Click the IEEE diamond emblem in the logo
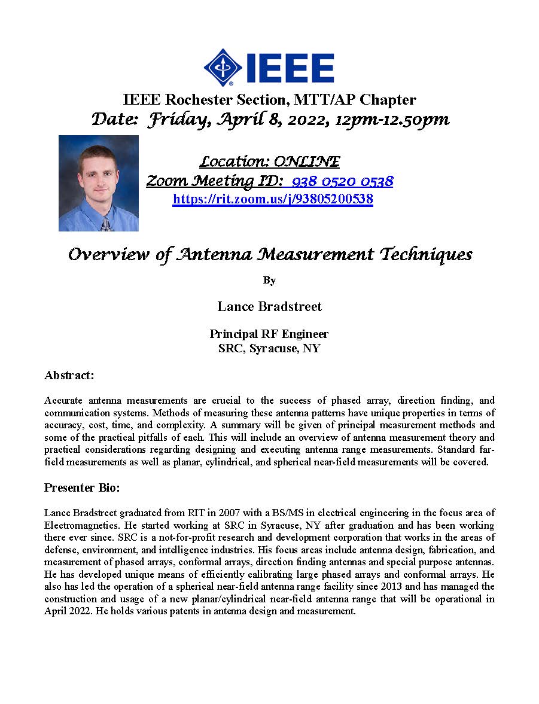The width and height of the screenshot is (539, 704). click(223, 68)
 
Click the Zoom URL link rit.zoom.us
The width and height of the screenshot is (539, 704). click(273, 199)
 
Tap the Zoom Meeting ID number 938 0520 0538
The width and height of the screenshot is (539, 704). click(343, 181)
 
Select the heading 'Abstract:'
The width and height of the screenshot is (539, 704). click(69, 375)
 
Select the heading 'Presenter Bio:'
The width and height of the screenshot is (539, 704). click(82, 487)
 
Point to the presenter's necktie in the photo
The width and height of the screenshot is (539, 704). click(106, 224)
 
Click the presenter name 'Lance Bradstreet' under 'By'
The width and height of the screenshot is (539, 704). click(269, 306)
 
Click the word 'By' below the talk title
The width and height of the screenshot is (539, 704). click(269, 280)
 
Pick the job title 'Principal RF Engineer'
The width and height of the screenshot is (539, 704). click(269, 334)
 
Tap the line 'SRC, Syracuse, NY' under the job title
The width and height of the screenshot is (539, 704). click(269, 348)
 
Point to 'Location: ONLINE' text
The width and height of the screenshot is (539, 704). click(269, 161)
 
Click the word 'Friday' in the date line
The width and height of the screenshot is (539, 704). click(173, 120)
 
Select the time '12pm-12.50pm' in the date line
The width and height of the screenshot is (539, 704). click(392, 120)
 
